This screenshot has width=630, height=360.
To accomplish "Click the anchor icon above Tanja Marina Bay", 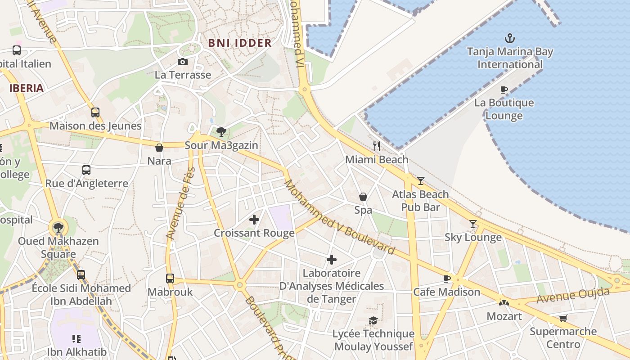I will (510, 38).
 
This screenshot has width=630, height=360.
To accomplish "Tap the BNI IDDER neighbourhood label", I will (240, 43).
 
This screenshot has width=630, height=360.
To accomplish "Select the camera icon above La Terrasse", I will (183, 62).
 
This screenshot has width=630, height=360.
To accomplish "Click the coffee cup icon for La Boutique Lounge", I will (504, 90).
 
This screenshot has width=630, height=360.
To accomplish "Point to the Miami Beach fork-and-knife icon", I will (377, 146).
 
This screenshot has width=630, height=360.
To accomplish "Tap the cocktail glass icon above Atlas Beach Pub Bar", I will (421, 181).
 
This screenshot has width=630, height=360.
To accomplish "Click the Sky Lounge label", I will (473, 237).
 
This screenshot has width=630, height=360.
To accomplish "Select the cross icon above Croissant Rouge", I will (254, 220).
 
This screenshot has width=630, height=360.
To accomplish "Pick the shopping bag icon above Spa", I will (363, 197).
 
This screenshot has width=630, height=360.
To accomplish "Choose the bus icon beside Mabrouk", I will (170, 279).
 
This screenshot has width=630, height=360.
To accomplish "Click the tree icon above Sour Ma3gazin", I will (221, 132).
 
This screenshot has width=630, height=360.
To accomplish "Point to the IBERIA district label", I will (27, 88).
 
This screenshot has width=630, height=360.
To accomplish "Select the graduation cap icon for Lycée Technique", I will (373, 320).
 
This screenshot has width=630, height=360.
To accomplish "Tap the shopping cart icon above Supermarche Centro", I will (563, 319).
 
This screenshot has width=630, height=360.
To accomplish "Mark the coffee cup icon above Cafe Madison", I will (447, 279).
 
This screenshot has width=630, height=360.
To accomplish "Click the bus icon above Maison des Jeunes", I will (95, 112).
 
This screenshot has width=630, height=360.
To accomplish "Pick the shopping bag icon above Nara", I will (159, 148).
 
